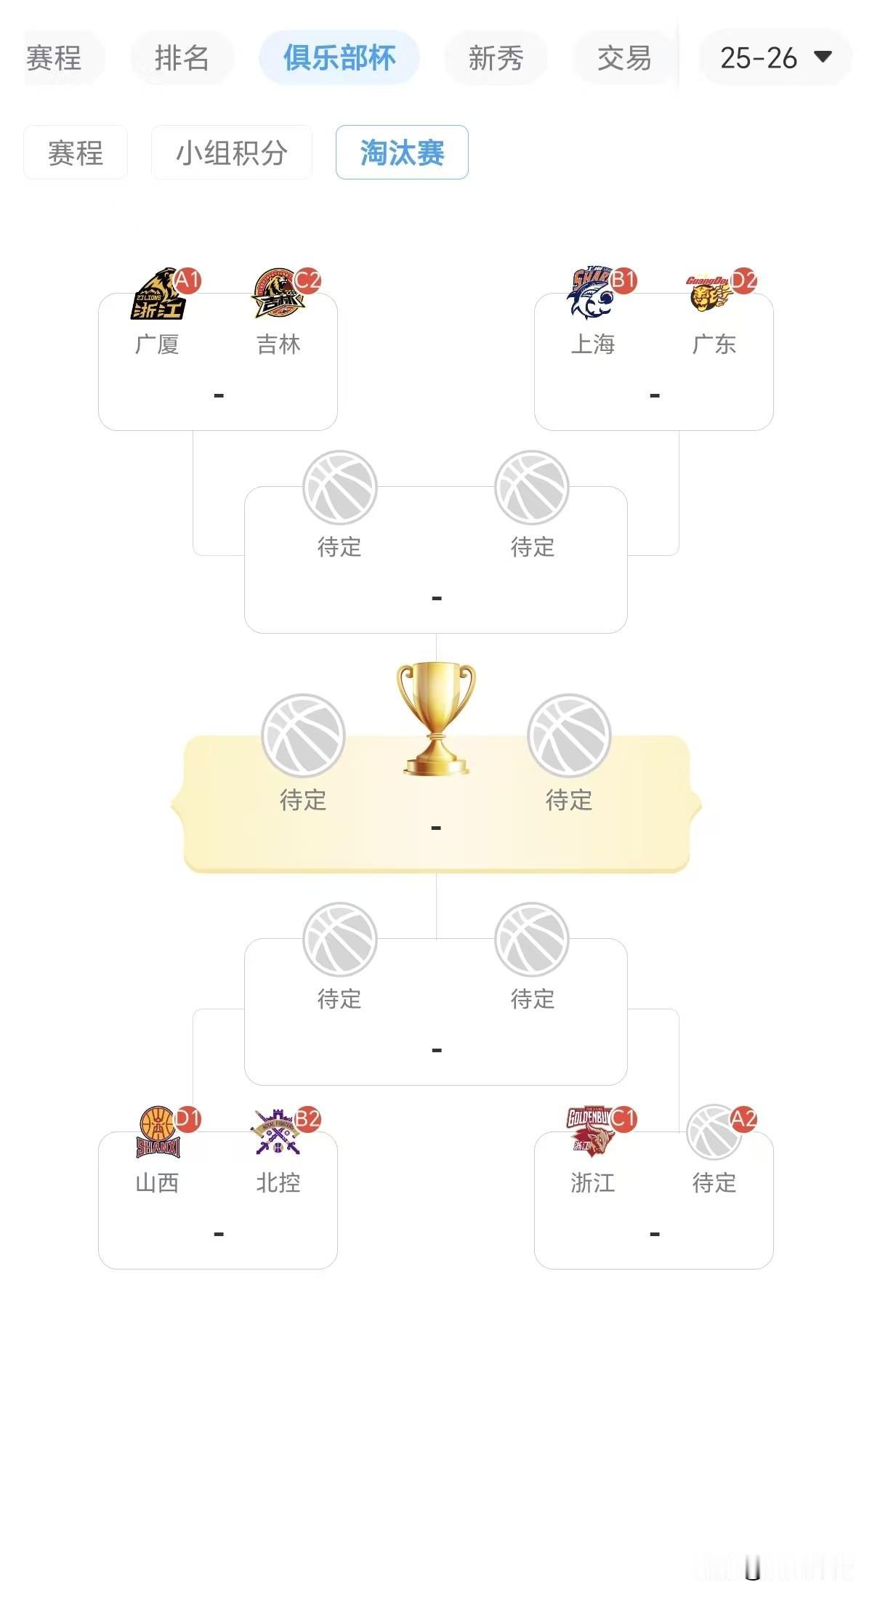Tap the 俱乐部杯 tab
339,58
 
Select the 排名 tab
182,58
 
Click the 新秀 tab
496,58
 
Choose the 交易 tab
624,58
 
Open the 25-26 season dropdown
775,58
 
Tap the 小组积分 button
232,153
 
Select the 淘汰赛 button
402,153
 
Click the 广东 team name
714,344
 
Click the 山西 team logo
158,1132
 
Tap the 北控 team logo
276,1132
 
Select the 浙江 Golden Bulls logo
590,1131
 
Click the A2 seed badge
743,1119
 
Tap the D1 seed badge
187,1119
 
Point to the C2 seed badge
307,281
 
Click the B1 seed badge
623,281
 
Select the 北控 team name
278,1183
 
